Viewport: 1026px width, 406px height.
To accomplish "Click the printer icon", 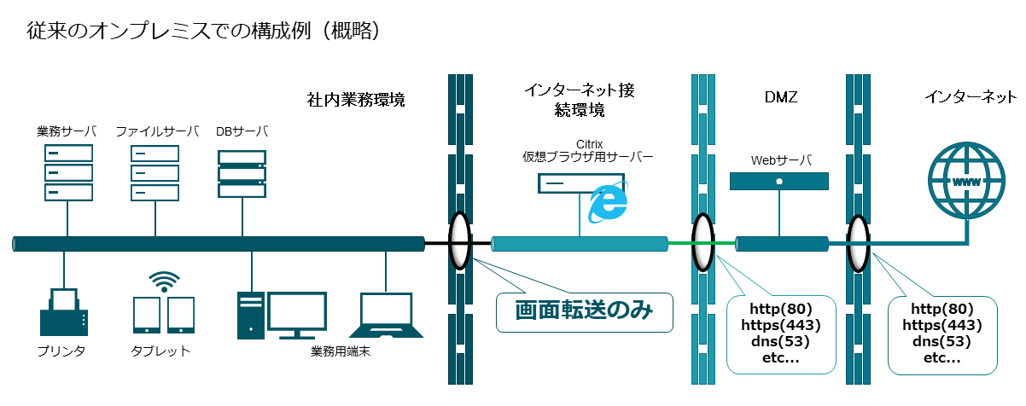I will pyautogui.click(x=64, y=312).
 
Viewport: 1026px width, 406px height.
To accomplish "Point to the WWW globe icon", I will pyautogui.click(x=965, y=182).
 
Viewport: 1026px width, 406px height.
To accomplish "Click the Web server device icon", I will pyautogui.click(x=779, y=181).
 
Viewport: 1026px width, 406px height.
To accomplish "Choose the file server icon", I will pyautogui.click(x=155, y=173).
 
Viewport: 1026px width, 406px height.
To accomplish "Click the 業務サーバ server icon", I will pyautogui.click(x=67, y=173).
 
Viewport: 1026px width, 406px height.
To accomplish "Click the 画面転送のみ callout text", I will pyautogui.click(x=584, y=311).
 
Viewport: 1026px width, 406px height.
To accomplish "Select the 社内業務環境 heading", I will pyautogui.click(x=355, y=100).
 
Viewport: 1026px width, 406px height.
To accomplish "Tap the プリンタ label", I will pyautogui.click(x=61, y=351).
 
